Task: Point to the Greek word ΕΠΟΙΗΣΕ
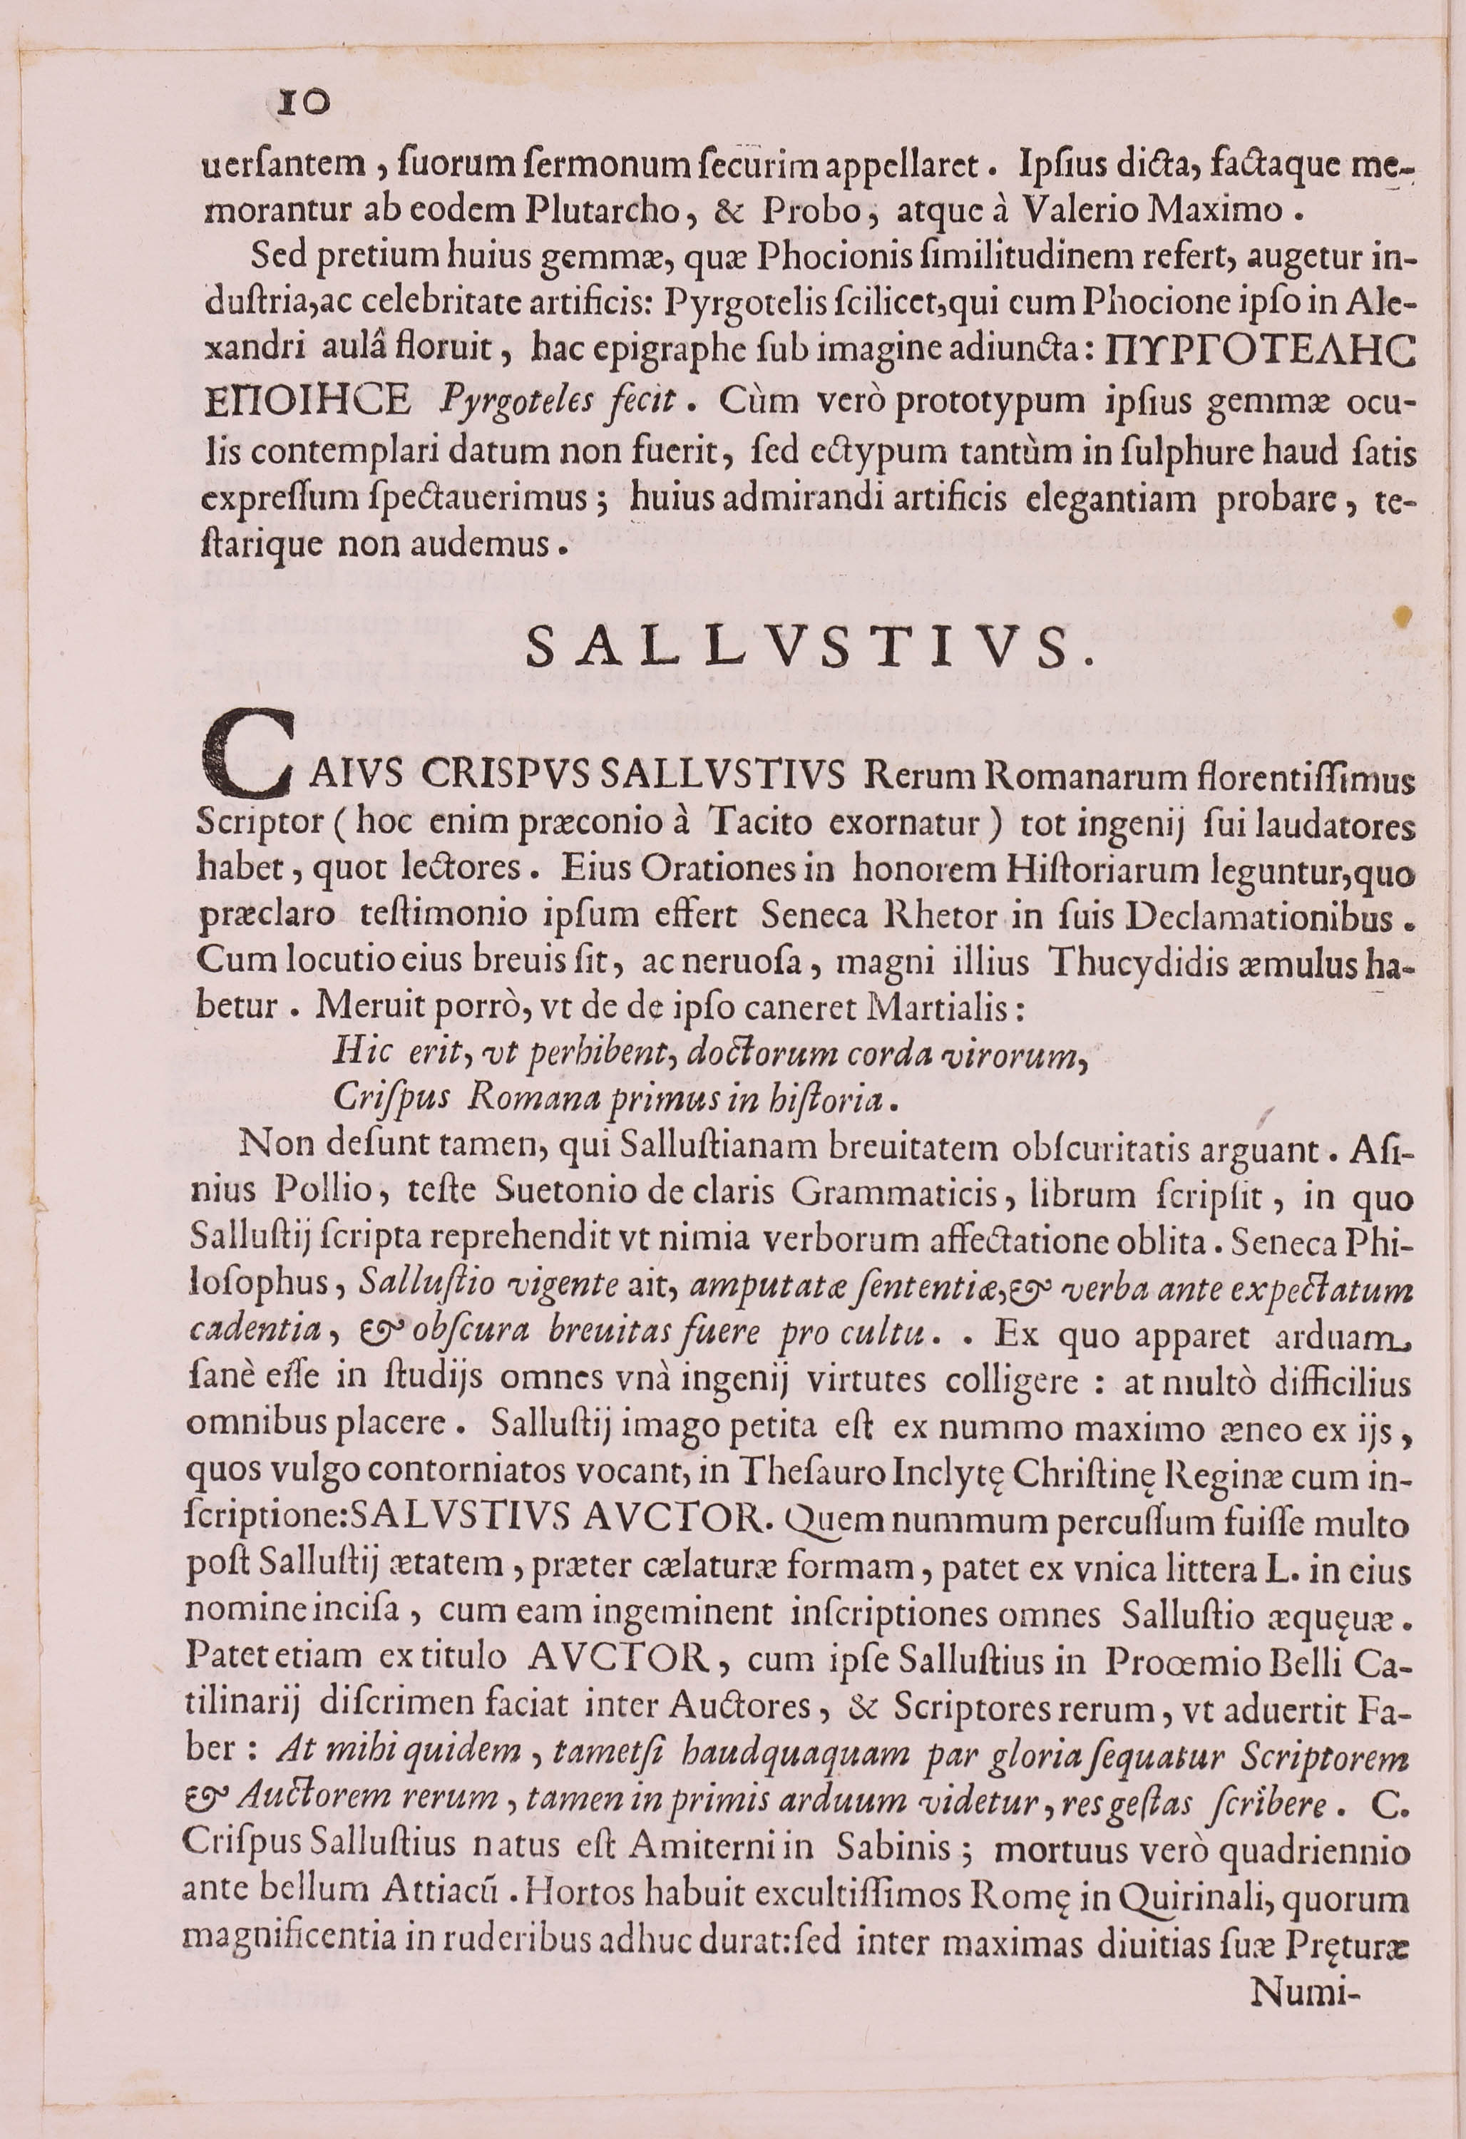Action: coord(308,401)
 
